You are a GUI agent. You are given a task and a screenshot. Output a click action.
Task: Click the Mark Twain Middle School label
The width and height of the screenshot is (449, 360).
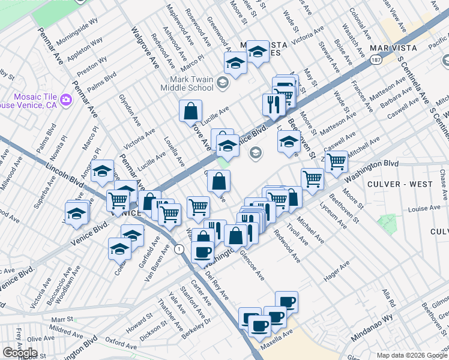coord(187,83)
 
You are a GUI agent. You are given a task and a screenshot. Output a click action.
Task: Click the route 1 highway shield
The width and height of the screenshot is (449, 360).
coord(178,248)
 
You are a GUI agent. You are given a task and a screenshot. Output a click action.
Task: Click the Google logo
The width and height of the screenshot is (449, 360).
coord(20,353)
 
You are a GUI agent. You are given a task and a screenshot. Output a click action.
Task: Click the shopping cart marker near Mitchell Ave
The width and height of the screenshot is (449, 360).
coord(336,161)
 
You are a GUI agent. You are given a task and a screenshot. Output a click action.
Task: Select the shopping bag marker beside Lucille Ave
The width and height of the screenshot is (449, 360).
coord(190,111)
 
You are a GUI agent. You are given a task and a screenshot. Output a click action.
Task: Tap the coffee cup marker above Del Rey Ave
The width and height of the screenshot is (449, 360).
coord(202,251)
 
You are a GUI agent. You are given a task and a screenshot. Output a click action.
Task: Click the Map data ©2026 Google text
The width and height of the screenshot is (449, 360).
coord(411,355)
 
